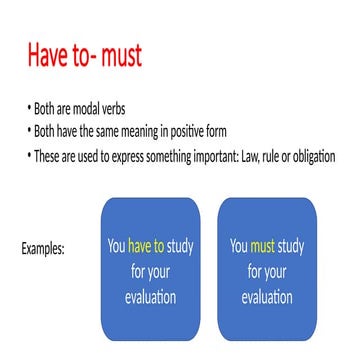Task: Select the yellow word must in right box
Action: (262, 245)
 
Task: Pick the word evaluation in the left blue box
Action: (151, 297)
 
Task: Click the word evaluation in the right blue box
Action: (266, 297)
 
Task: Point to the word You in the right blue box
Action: (238, 245)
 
